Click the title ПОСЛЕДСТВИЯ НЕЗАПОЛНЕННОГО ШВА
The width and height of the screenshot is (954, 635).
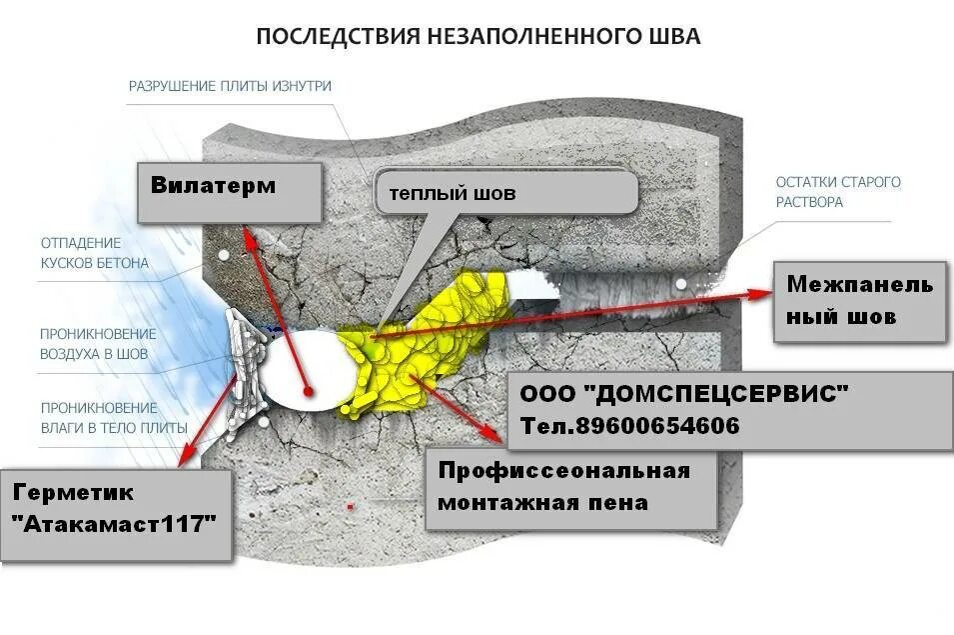pyautogui.click(x=478, y=37)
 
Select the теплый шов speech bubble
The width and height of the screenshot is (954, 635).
pyautogui.click(x=504, y=192)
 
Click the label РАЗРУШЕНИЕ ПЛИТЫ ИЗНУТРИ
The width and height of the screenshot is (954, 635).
pyautogui.click(x=230, y=86)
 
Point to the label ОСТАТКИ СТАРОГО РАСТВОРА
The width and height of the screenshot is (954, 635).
pyautogui.click(x=838, y=192)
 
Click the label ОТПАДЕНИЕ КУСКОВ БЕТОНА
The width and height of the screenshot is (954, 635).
pyautogui.click(x=94, y=253)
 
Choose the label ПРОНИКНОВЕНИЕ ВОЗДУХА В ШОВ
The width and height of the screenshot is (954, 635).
pyautogui.click(x=98, y=344)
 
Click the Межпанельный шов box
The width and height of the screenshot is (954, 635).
pyautogui.click(x=859, y=300)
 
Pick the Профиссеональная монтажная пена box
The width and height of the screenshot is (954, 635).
pyautogui.click(x=570, y=487)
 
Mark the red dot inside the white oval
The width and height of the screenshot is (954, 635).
pyautogui.click(x=310, y=389)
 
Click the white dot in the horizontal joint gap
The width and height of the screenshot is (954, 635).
pyautogui.click(x=681, y=284)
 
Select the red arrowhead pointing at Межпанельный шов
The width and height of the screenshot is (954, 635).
pyautogui.click(x=764, y=292)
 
